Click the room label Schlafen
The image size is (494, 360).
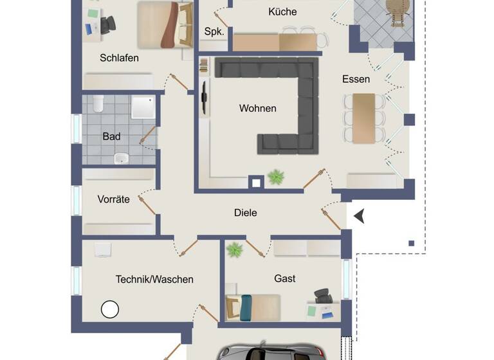pos(119,58)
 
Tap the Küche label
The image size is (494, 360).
pos(282,12)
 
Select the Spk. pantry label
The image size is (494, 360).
pos(214,32)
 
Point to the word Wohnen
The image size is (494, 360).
pos(257,108)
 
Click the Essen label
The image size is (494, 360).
pos(356,79)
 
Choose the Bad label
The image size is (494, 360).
pos(111,136)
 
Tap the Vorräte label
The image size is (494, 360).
pos(114,199)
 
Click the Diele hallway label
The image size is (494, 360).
pos(245,212)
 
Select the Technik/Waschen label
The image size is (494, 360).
pos(154,279)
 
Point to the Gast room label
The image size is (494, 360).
pos(285,278)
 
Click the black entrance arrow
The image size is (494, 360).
pos(359,217)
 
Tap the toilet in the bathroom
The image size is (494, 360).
pos(98,103)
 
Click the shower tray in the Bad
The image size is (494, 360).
pos(143,107)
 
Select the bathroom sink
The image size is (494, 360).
pos(121,157)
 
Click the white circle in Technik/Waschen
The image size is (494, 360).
pos(110,309)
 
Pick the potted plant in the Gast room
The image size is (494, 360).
pos(234,249)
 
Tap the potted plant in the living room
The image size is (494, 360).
pos(276,177)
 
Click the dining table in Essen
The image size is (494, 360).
pos(363,118)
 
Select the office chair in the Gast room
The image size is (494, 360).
pos(323,296)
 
